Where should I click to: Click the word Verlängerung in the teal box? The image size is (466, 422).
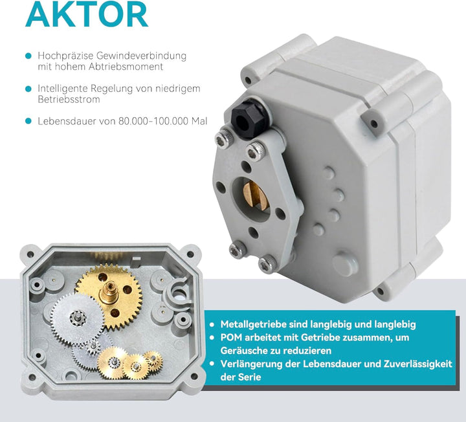252,364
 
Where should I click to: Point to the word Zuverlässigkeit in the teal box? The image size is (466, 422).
416,364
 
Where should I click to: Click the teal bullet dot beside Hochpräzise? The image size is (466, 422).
28,56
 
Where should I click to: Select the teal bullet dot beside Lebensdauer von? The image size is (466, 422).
28,121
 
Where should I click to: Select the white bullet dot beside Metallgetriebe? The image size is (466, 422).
212,324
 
